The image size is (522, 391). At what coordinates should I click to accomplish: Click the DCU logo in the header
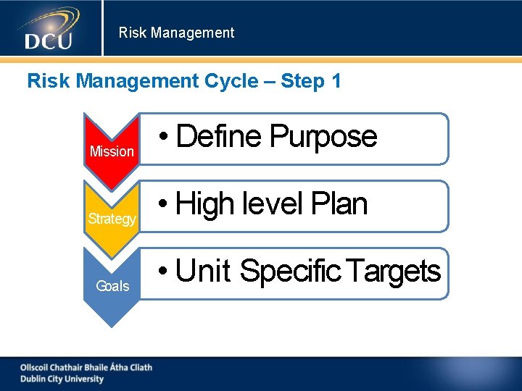coord(49,30)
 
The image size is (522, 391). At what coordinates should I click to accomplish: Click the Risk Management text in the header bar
coord(176,33)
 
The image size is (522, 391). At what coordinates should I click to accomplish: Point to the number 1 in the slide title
coord(336,81)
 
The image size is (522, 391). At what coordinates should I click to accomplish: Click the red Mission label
coord(112,151)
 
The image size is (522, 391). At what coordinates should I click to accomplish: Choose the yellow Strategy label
coord(112,219)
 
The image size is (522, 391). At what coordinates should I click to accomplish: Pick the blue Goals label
coord(112,286)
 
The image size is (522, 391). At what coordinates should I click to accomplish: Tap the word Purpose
coord(323,136)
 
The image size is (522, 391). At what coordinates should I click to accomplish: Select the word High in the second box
coord(205,204)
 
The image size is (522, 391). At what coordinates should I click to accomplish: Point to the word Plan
coord(339,204)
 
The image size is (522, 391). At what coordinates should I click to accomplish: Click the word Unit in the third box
coord(203,272)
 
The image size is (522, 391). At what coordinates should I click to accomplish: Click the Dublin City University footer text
coord(62,379)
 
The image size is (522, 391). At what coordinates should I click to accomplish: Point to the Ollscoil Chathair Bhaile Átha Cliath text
coord(86,367)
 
